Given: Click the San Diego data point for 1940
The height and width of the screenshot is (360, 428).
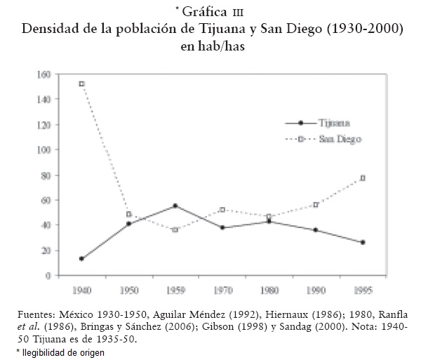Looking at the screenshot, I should tap(82, 84).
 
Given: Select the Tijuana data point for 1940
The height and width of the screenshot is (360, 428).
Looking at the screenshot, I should tap(82, 258).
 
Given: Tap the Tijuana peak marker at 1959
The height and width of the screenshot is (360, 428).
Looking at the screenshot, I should tap(175, 206).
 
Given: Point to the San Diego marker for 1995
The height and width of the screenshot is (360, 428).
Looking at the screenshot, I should tap(363, 178).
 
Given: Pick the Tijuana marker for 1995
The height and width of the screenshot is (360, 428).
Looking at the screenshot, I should tap(363, 242).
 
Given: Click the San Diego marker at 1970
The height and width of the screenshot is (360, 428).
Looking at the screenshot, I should tap(222, 209).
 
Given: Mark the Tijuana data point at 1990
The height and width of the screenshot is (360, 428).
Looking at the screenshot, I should tap(316, 230).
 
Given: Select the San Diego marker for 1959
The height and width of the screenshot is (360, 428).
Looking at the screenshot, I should tap(175, 229).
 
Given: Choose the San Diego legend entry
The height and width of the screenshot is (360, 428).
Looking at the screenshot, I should tap(330, 140).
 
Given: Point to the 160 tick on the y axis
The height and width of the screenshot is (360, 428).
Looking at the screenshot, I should tap(44, 74).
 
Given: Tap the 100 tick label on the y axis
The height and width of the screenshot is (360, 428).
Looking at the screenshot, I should tap(44, 149).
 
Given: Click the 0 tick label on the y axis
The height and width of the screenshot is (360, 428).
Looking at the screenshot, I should tap(48, 276).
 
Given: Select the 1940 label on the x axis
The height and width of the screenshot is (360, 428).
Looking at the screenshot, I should tap(82, 288).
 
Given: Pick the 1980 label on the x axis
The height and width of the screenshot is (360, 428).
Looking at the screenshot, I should tap(269, 288).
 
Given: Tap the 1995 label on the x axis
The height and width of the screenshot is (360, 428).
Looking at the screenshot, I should tap(363, 288).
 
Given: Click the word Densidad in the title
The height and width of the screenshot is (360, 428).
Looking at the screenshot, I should tap(53, 29).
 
